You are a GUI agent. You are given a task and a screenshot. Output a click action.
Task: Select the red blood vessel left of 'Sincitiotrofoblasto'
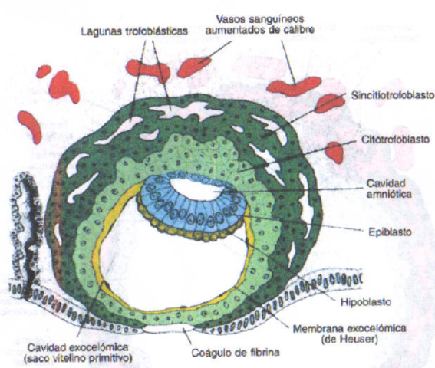[331, 102]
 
